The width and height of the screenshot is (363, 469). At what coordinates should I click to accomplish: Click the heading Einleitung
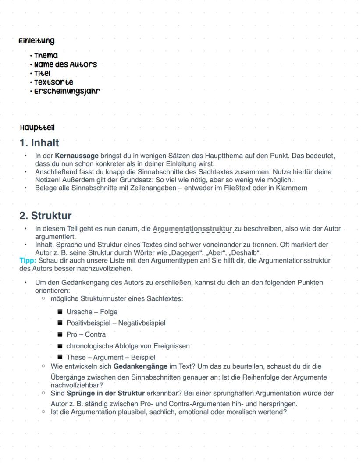click(36, 41)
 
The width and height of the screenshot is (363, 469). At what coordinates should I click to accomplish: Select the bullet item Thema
click(46, 56)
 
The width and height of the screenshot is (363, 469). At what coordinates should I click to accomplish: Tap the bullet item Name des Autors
click(65, 64)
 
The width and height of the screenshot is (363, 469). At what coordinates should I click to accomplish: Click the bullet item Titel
click(42, 73)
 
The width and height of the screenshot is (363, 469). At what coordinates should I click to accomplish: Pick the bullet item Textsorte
click(53, 82)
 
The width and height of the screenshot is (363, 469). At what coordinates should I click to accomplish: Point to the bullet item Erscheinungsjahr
click(67, 91)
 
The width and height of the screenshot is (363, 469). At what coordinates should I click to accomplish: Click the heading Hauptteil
click(37, 128)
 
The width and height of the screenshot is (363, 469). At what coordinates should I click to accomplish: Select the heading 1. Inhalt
click(39, 143)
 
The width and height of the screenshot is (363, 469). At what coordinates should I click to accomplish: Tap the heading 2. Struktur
click(45, 216)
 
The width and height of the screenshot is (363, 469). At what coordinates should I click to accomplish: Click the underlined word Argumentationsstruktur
click(192, 229)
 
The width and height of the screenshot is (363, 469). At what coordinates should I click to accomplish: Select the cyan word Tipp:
click(28, 260)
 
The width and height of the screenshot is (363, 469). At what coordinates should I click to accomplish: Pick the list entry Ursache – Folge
click(92, 312)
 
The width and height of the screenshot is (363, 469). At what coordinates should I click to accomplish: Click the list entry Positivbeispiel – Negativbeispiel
click(116, 323)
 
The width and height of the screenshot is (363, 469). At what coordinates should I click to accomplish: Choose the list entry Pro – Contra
click(86, 334)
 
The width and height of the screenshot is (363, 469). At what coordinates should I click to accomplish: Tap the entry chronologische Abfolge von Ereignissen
click(128, 346)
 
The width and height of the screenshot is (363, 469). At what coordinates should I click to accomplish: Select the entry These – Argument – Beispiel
click(110, 357)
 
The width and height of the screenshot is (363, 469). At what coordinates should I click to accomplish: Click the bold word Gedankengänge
click(140, 366)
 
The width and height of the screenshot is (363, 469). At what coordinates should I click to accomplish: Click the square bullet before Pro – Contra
click(60, 334)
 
